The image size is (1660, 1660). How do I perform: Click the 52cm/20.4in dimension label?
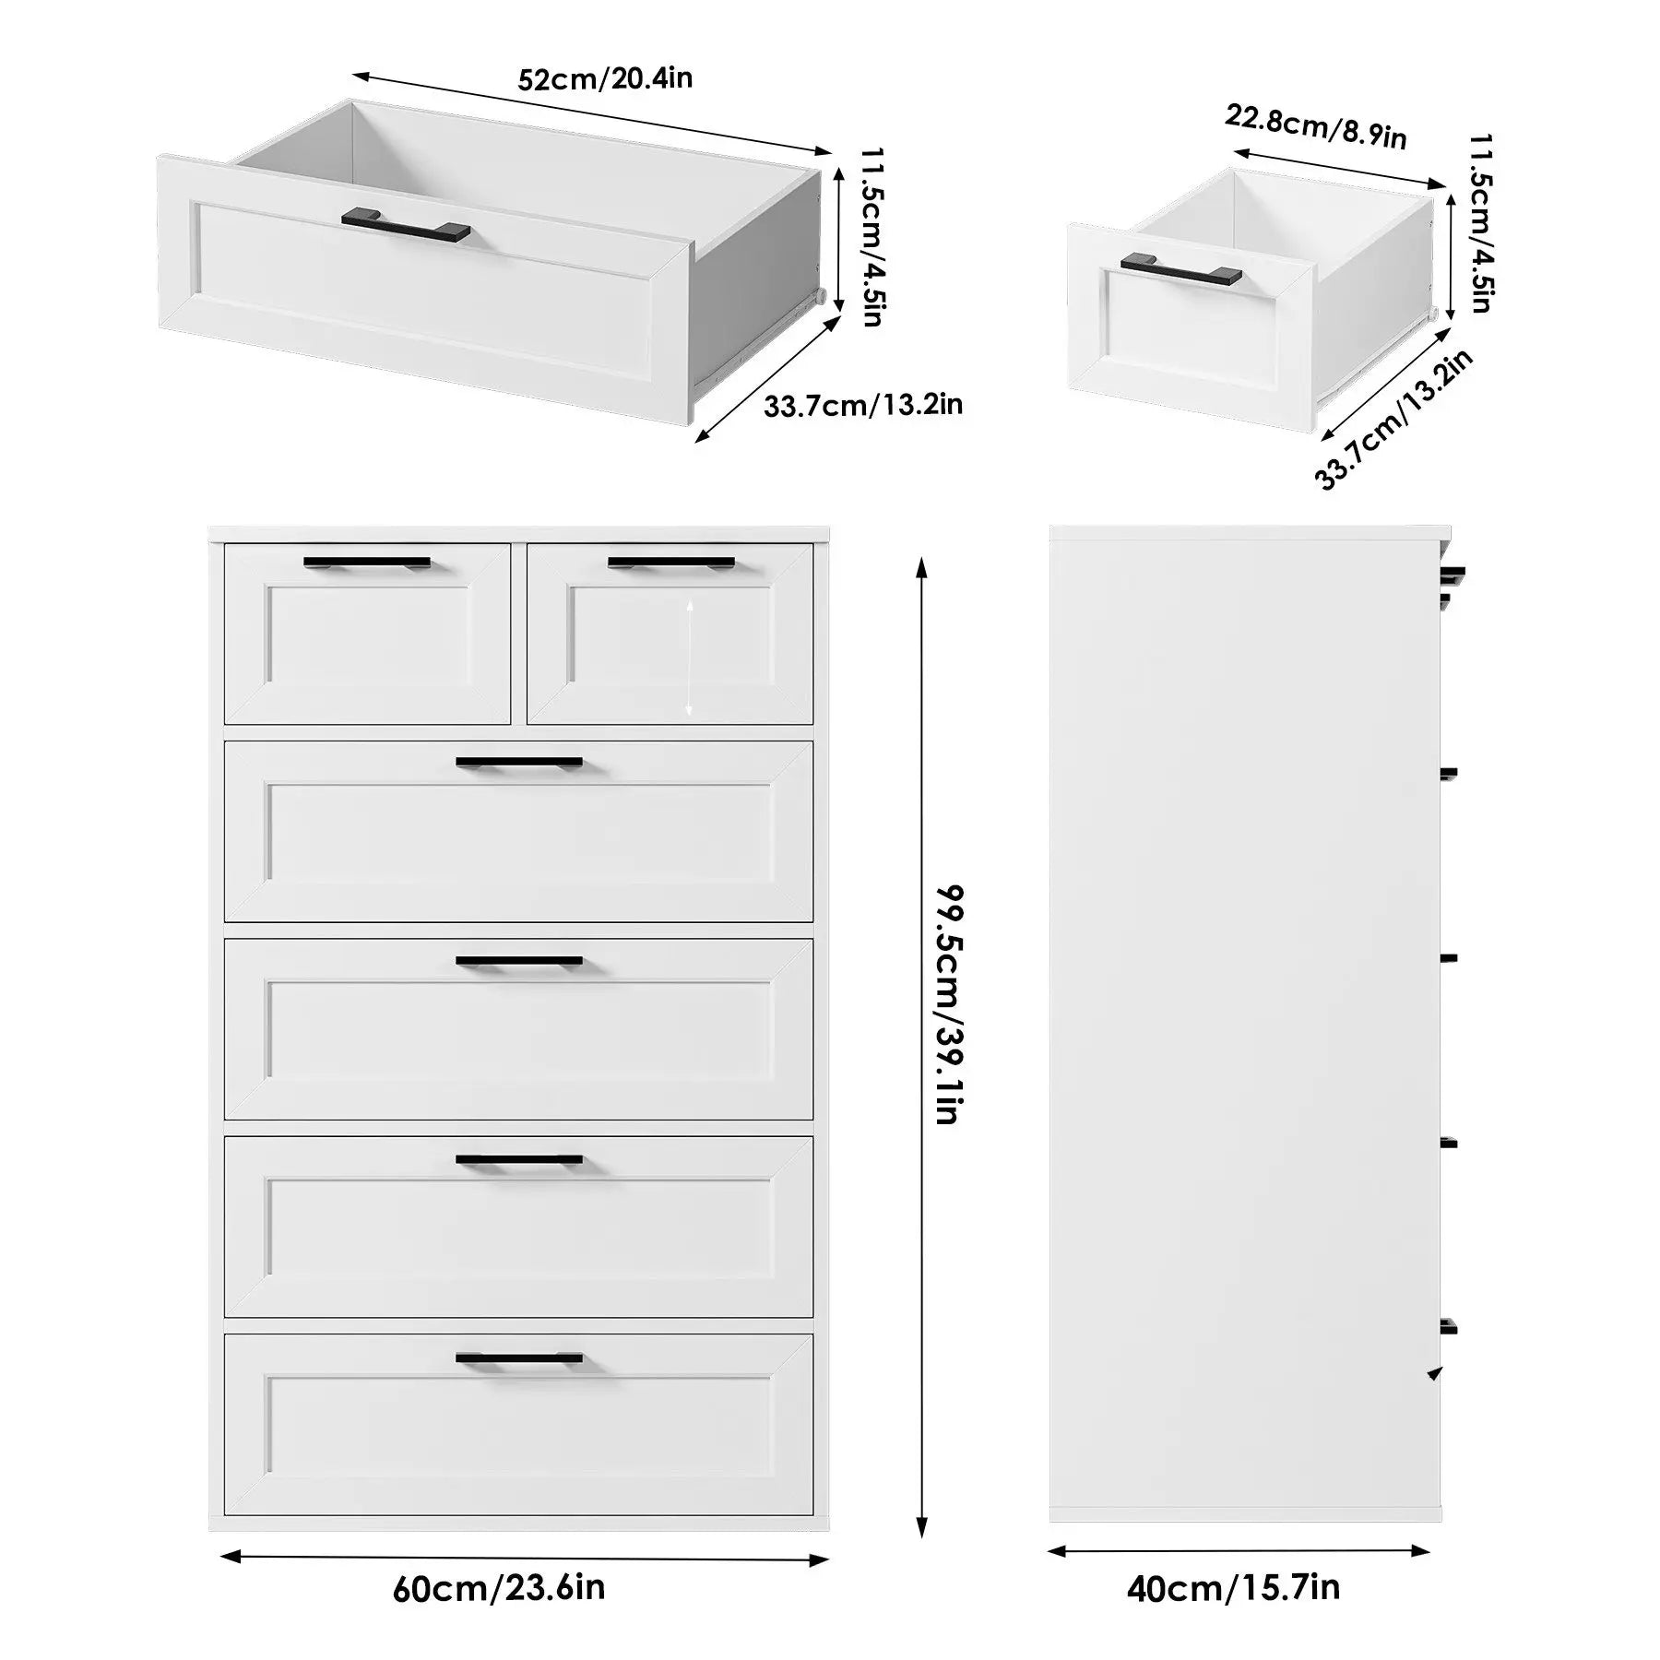(x=605, y=78)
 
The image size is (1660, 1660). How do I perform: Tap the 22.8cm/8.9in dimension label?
(x=1316, y=127)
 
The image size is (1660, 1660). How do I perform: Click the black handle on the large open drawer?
(x=406, y=226)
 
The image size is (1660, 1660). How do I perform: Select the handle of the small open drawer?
(x=1181, y=269)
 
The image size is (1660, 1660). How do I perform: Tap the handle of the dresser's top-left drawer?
(x=367, y=563)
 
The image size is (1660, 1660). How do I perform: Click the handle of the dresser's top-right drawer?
(x=671, y=563)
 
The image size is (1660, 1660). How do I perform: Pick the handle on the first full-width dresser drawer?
(x=519, y=764)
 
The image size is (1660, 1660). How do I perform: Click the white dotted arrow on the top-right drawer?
(x=689, y=656)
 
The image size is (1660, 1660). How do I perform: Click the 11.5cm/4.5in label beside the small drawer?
(x=1481, y=223)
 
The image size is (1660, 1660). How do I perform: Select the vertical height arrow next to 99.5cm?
(x=920, y=1047)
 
